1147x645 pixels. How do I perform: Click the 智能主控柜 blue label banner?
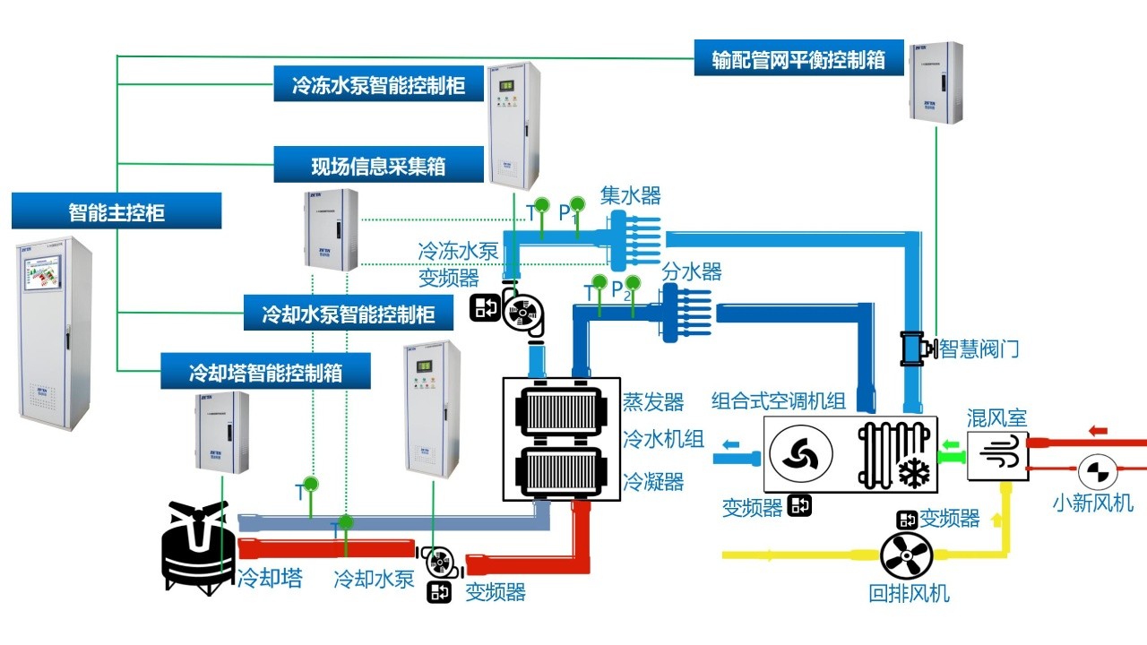[116, 211]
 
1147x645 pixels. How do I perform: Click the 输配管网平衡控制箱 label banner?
[798, 59]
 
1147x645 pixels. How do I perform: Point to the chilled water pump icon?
[520, 312]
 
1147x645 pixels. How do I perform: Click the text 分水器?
[692, 271]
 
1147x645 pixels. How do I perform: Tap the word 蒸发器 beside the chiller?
[653, 401]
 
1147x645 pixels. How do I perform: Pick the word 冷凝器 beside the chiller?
[653, 482]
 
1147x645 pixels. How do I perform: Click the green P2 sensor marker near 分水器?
[632, 284]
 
